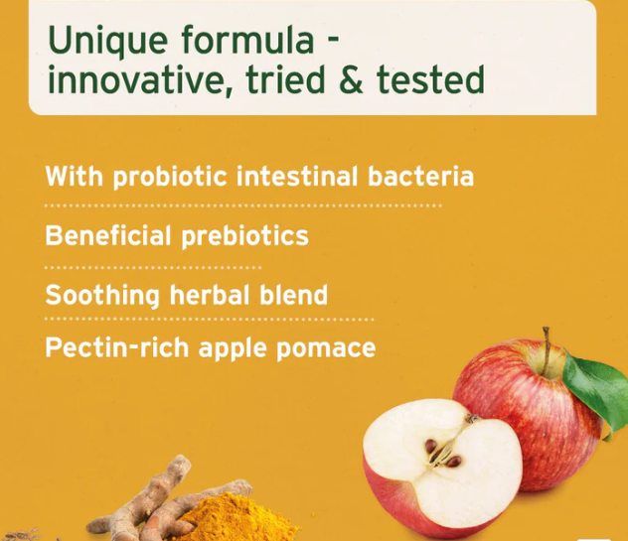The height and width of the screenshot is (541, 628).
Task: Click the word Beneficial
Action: [108, 236]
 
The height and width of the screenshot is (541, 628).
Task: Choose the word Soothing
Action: [102, 295]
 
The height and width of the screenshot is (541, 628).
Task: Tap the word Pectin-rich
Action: [117, 348]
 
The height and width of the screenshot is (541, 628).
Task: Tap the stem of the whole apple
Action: [546, 342]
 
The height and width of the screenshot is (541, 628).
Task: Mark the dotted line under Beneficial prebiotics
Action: [153, 267]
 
